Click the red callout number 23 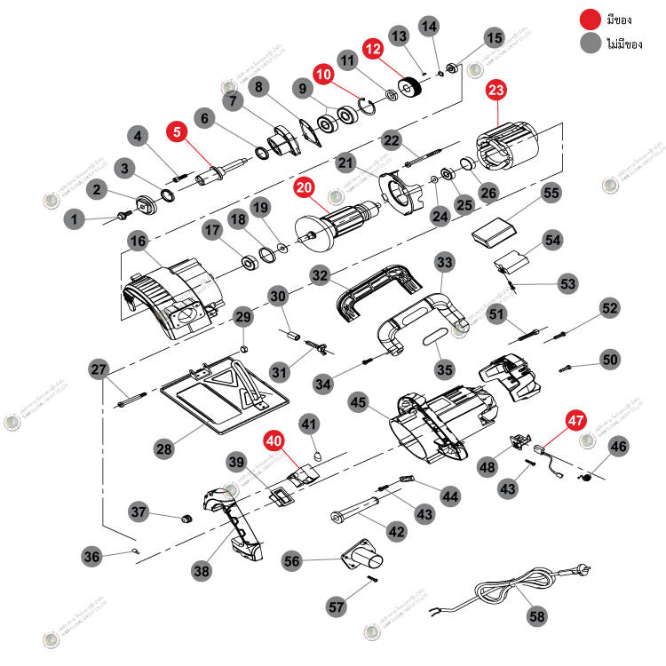(496, 90)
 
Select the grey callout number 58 (537, 615)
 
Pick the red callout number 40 (274, 440)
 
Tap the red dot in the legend (589, 19)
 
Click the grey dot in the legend (589, 43)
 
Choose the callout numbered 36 (91, 557)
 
